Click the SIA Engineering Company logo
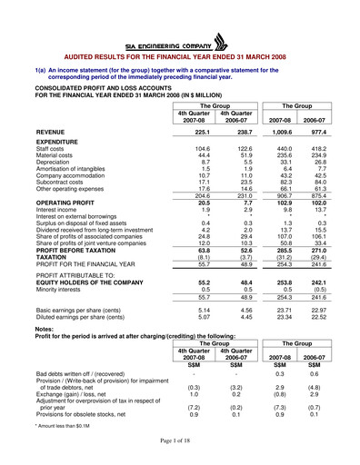click(180, 42)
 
